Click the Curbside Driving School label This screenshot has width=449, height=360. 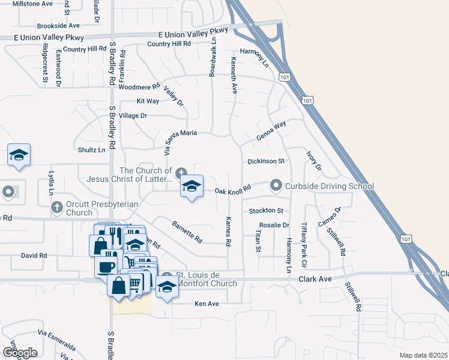click(329, 186)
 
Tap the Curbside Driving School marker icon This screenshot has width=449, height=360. click(276, 185)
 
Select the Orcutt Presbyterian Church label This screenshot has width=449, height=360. click(101, 208)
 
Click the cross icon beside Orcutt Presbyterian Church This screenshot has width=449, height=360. click(57, 208)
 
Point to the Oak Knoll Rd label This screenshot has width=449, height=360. click(232, 191)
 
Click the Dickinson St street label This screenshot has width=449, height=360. click(266, 161)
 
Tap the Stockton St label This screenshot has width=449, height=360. click(266, 211)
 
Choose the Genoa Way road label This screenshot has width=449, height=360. click(271, 131)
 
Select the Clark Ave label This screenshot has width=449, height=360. click(315, 279)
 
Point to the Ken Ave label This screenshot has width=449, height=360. click(206, 304)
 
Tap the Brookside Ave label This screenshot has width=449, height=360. click(58, 26)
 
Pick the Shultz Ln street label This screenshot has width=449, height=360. click(92, 149)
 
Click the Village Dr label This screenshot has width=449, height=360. click(133, 115)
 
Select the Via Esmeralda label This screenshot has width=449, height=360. click(56, 339)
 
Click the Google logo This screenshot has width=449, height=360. click(20, 353)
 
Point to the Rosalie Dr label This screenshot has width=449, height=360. click(274, 226)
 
